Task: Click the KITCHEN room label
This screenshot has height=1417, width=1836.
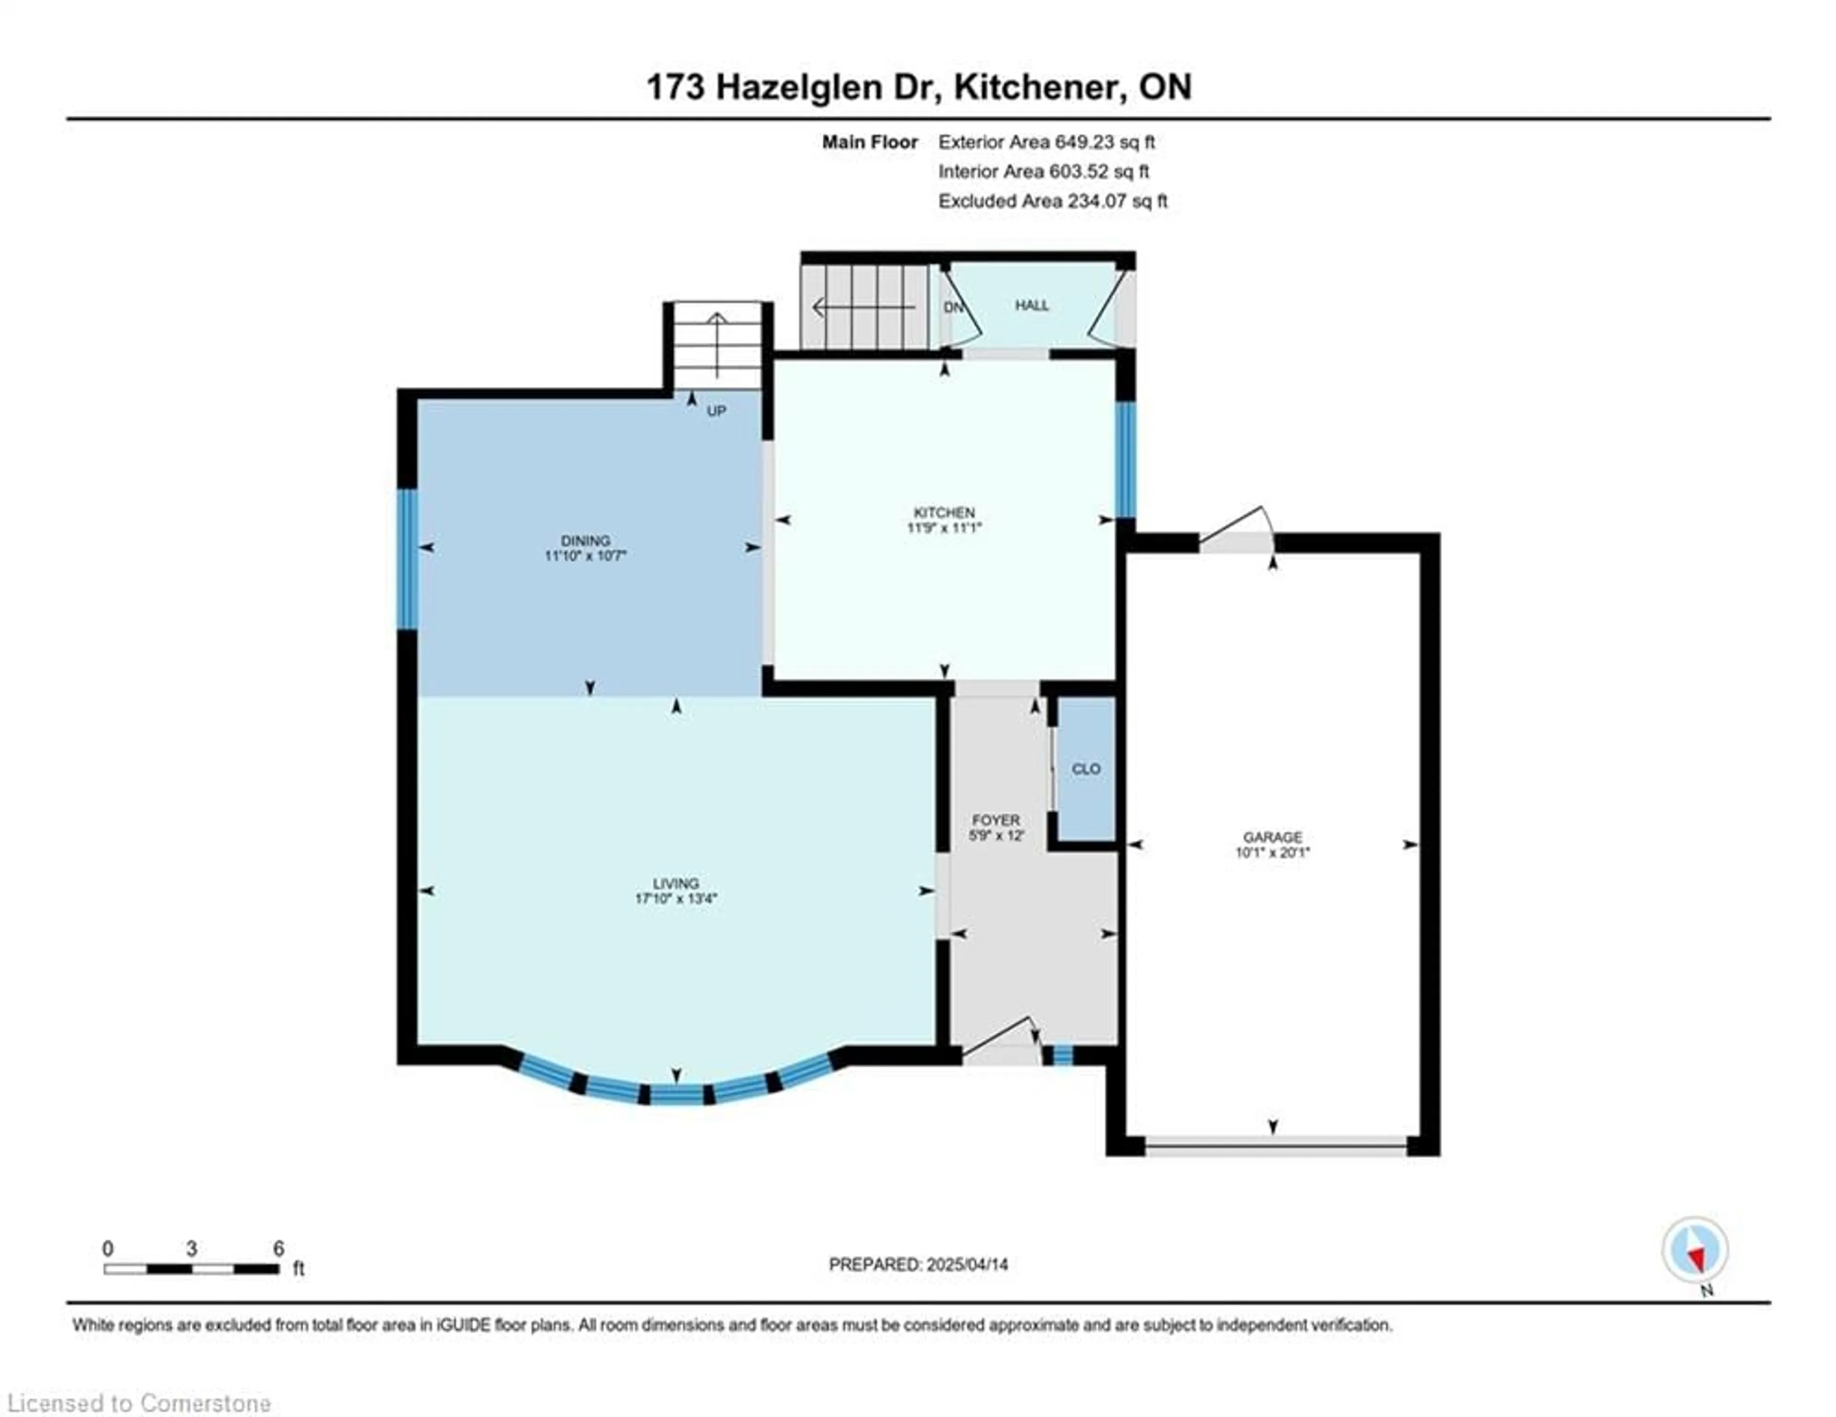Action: pyautogui.click(x=944, y=512)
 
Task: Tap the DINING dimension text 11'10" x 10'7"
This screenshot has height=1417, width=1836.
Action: pyautogui.click(x=586, y=556)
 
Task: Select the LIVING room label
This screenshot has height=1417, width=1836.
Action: pyautogui.click(x=676, y=883)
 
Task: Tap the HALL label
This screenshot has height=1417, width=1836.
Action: pyautogui.click(x=1031, y=305)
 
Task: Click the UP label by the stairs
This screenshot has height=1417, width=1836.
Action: pyautogui.click(x=716, y=411)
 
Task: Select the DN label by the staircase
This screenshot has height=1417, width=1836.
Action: pyautogui.click(x=952, y=307)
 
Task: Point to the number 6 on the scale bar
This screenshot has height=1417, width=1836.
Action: pyautogui.click(x=278, y=1248)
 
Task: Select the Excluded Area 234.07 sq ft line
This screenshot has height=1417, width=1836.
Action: pyautogui.click(x=1052, y=201)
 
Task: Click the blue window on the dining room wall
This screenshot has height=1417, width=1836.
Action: pyautogui.click(x=407, y=559)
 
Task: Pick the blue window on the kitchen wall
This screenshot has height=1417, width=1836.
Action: pyautogui.click(x=1125, y=460)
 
